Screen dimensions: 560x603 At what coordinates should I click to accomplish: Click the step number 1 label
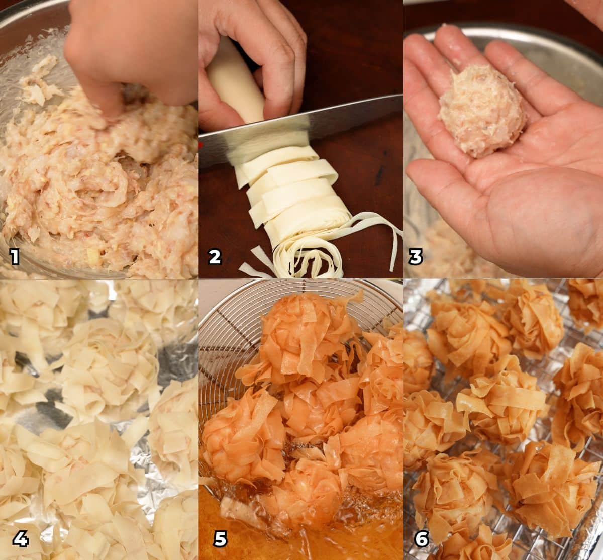point(15,258)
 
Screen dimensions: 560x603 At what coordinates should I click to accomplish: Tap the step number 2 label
point(215,257)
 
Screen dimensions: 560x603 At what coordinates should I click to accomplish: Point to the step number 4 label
point(20,539)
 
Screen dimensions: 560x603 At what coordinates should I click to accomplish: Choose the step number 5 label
point(220,539)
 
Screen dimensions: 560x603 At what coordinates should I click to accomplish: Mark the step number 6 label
point(421,539)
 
